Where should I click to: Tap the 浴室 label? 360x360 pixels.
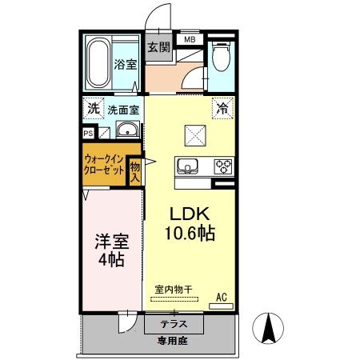124,64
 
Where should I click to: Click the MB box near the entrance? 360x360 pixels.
190,39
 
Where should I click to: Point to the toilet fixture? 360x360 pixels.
222,58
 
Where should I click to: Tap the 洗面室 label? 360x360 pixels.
123,109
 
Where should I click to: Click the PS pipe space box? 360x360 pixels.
87,134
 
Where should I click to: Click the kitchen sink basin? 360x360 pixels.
189,166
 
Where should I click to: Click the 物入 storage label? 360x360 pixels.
135,170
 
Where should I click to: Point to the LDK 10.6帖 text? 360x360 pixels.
189,223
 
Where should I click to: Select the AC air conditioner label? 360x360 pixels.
222,298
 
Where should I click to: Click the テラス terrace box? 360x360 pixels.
173,324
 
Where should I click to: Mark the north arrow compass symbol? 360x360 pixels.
270,329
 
